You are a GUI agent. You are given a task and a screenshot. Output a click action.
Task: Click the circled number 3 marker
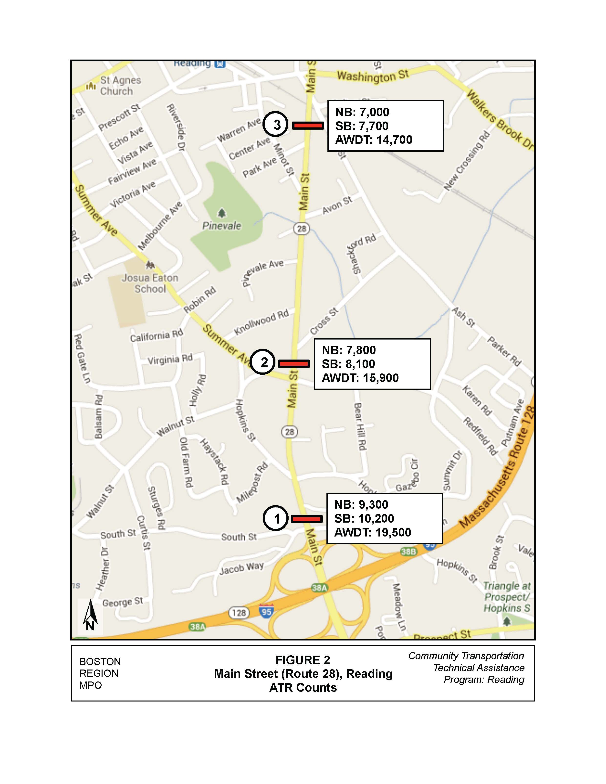tap(275, 124)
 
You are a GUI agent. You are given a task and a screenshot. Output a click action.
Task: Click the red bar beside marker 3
tap(308, 125)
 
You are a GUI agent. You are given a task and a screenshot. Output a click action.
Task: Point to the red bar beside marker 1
tap(306, 519)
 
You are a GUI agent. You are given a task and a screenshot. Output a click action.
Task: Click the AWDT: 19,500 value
tap(372, 532)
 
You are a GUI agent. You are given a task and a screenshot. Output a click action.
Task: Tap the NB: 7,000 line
tap(362, 112)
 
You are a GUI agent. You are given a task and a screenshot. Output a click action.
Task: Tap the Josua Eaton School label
tap(150, 283)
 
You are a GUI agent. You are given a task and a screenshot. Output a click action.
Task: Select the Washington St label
tap(372, 75)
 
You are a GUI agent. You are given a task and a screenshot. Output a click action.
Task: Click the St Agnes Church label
tap(120, 85)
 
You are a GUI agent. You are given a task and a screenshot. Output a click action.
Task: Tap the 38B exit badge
tap(408, 551)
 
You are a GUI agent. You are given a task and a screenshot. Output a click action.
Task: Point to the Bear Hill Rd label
tap(360, 426)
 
